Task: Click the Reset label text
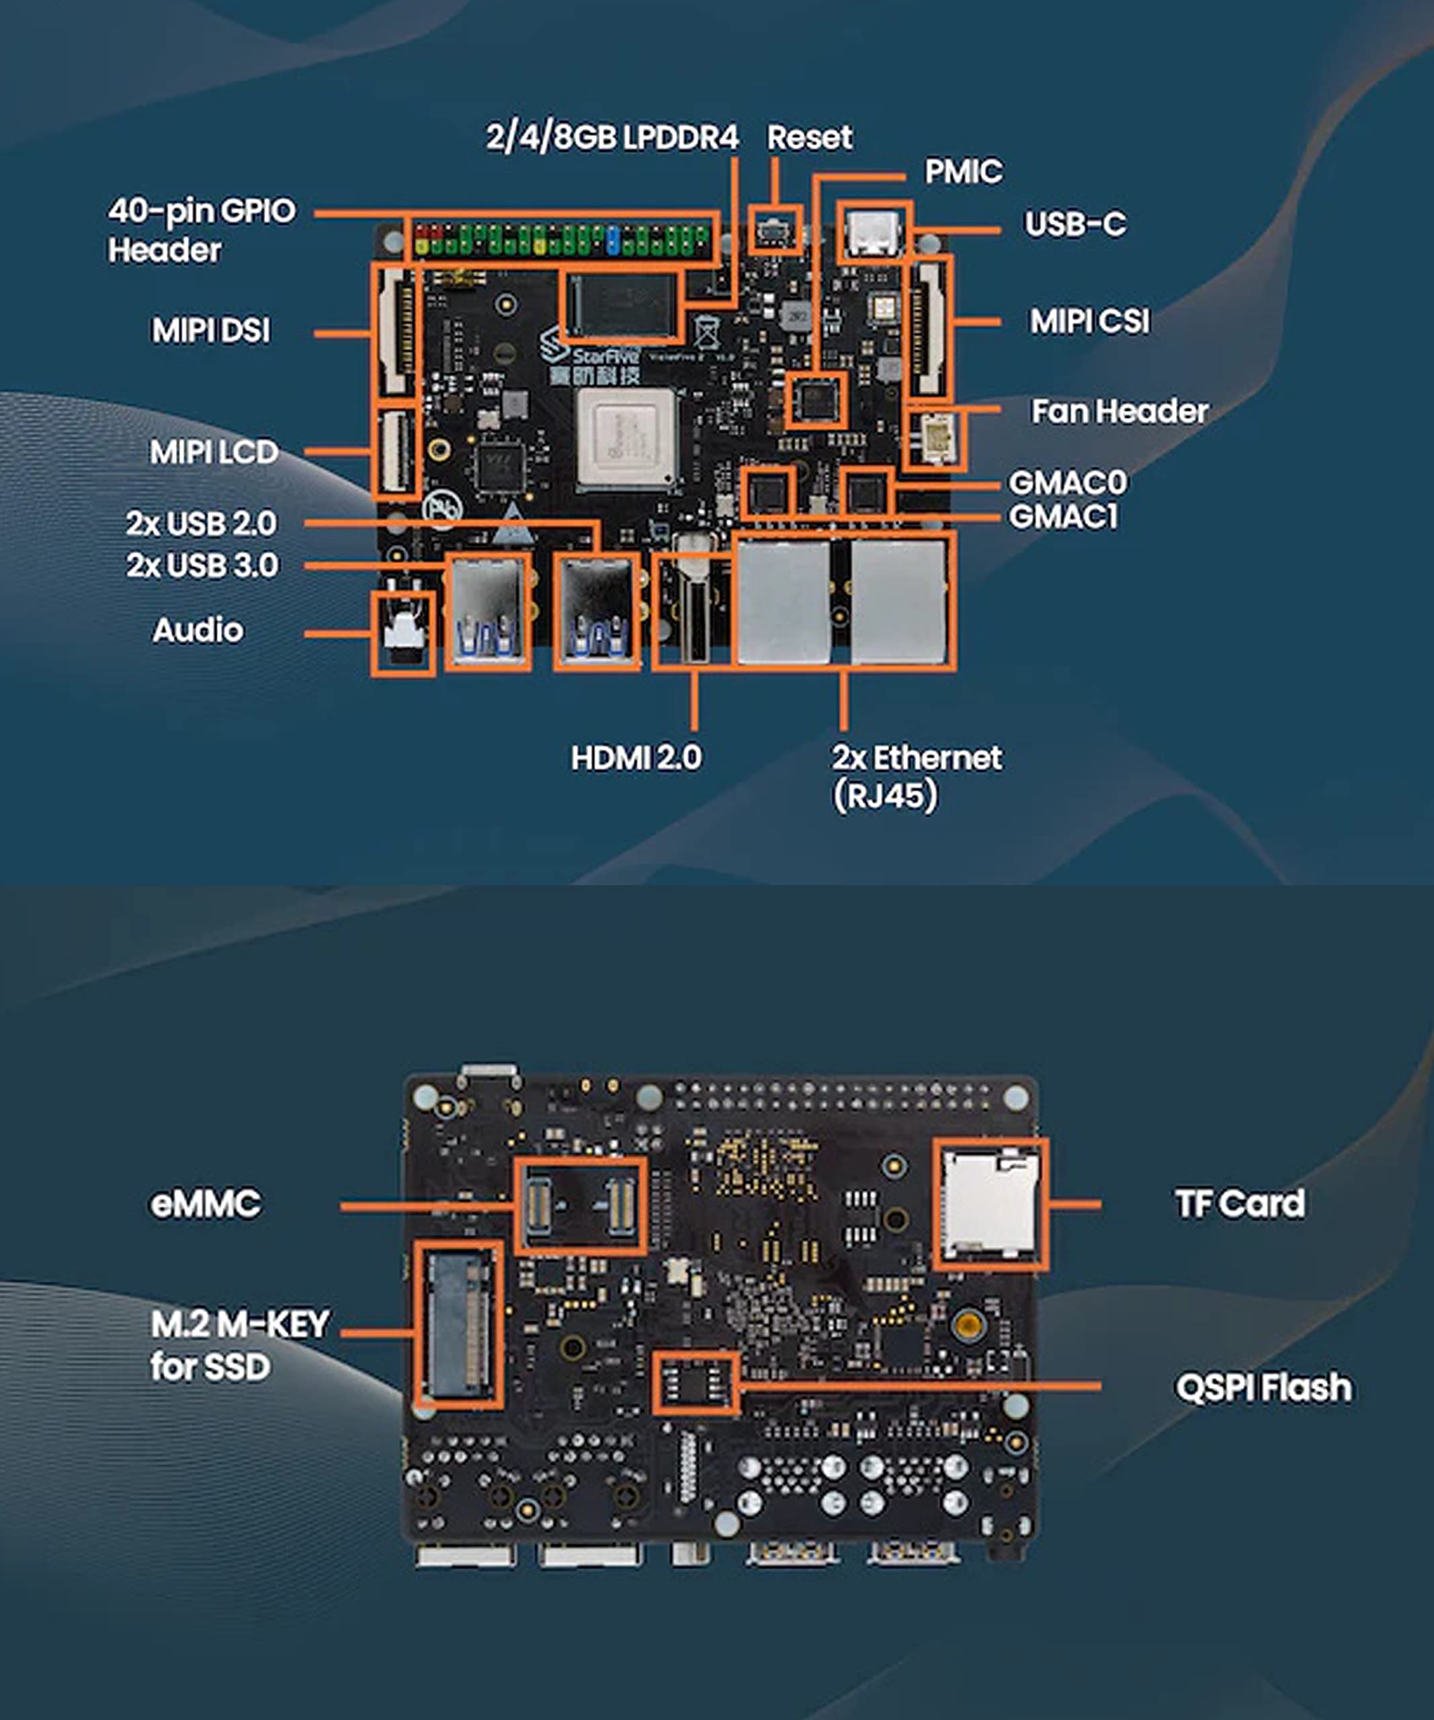coord(809,138)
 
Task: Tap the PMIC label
coord(963,172)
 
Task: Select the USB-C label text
coord(1074,224)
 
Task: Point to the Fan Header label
coord(1119,411)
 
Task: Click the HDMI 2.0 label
coord(636,758)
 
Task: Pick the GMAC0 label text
coord(1067,482)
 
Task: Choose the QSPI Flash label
coord(1263,1387)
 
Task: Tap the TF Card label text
coord(1240,1204)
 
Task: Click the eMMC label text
coord(206,1204)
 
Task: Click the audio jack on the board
coord(403,632)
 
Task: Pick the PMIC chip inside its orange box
coord(816,400)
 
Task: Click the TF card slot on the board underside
coord(990,1204)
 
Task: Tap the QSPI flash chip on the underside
coord(695,1383)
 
